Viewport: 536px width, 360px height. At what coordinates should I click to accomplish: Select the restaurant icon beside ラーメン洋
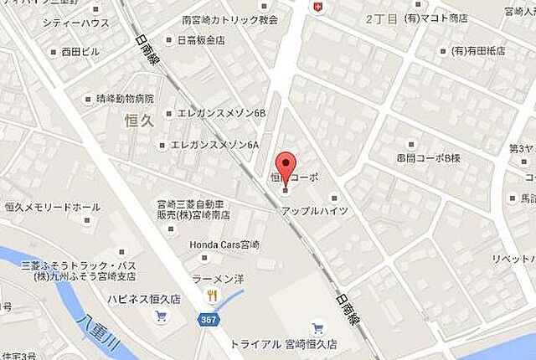coord(213,295)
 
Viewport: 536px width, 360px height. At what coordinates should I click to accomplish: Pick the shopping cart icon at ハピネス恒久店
coord(161,316)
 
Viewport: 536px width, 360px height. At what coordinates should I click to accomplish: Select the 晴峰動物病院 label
coord(125,98)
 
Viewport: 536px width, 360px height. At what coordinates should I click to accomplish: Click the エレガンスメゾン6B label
coord(220,113)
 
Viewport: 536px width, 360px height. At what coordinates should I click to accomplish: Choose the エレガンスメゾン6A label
coord(214,144)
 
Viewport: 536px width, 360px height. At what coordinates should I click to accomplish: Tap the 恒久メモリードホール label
coord(52,207)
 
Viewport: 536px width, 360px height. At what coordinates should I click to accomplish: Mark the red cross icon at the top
coord(317,8)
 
